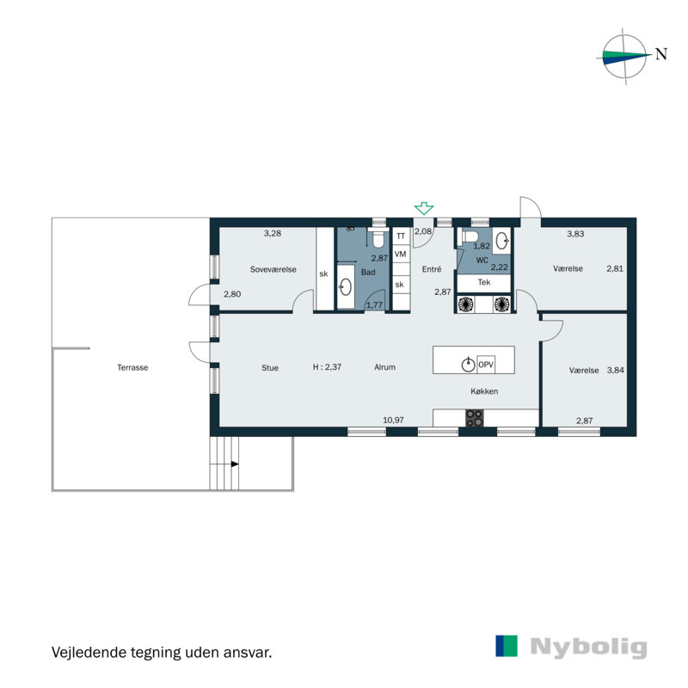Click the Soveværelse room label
coord(273,269)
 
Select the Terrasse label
coord(133,367)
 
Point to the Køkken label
coord(483,391)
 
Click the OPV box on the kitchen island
coord(485,364)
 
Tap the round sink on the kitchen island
coord(468,364)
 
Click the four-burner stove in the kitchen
coord(474,418)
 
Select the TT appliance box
coord(400,235)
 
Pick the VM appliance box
coord(400,255)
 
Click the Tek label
coord(484,283)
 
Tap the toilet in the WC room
coord(470,236)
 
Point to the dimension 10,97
coord(393,420)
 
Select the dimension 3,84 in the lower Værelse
coord(616,371)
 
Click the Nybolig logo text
coord(588,647)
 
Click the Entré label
coord(431,269)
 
